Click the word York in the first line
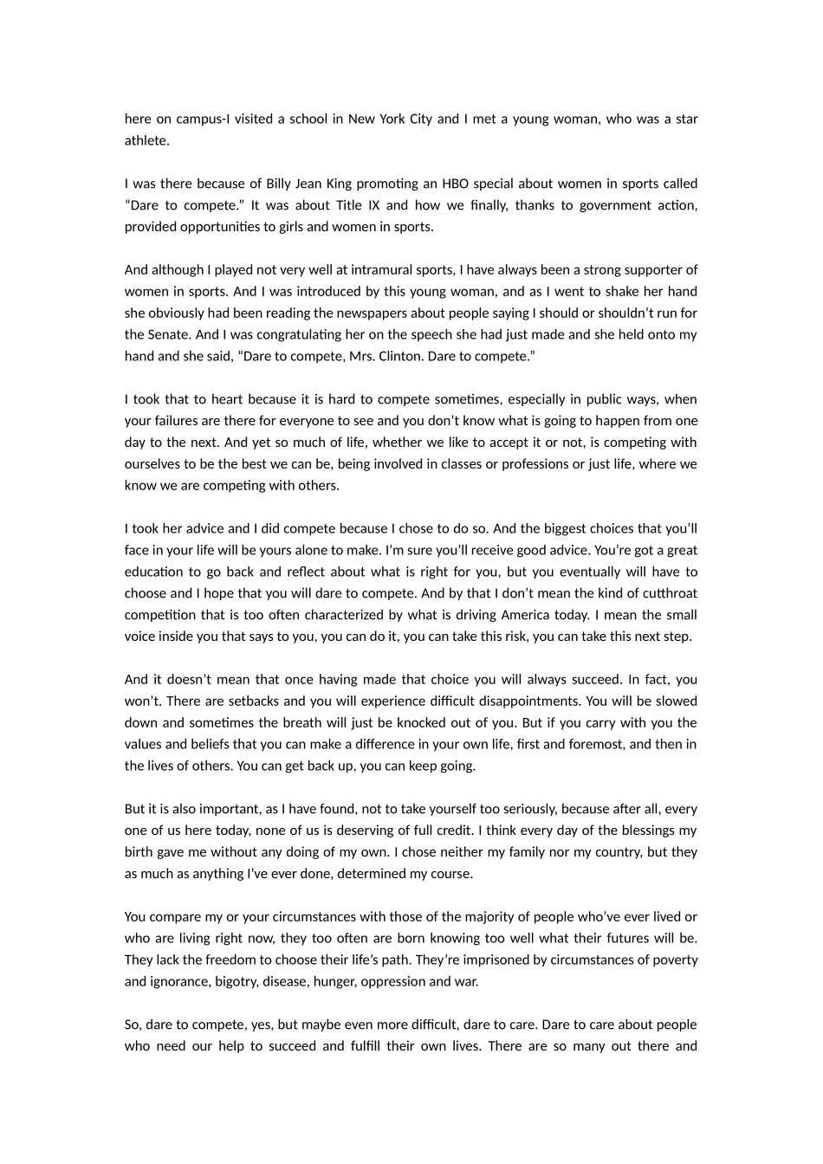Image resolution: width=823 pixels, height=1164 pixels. [x=392, y=119]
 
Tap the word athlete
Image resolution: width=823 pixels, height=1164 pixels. [x=146, y=140]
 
